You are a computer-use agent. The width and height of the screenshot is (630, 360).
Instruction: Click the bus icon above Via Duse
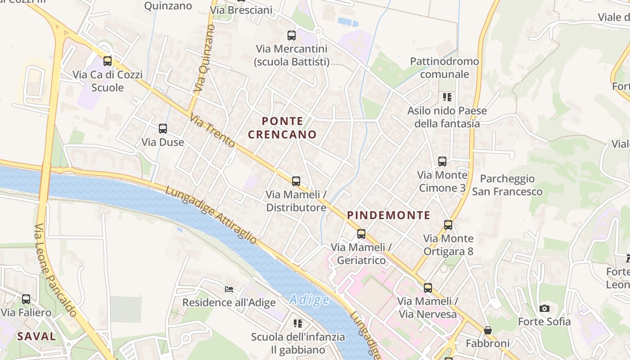[163, 129]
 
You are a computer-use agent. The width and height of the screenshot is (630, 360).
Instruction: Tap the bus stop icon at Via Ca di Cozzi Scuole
[108, 61]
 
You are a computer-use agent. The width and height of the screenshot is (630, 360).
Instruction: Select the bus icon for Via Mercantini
[292, 35]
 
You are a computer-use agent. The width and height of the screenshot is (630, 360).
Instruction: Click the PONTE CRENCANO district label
[282, 128]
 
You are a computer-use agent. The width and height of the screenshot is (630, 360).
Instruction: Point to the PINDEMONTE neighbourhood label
[389, 215]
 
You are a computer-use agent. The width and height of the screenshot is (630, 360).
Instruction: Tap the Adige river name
[310, 300]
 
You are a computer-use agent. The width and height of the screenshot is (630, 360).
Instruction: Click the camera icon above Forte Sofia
[544, 308]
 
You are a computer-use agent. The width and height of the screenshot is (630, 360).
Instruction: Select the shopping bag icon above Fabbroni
[487, 330]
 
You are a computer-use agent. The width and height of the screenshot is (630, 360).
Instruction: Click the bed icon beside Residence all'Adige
[229, 289]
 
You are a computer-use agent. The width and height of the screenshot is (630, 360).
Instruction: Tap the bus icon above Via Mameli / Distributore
[296, 181]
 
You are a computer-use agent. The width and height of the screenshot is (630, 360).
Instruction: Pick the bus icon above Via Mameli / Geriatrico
[361, 234]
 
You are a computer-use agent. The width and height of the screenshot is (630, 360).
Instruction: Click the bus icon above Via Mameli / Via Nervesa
[427, 288]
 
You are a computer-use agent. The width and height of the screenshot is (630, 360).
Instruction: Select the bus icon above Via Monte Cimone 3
[442, 162]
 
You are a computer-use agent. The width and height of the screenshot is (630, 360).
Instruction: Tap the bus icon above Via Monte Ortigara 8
[448, 225]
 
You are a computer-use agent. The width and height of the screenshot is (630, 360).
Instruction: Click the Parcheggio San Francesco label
[507, 185]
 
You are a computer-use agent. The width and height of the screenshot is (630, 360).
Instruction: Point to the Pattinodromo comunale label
[445, 67]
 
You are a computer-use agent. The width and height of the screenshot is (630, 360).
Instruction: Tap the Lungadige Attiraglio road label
[211, 215]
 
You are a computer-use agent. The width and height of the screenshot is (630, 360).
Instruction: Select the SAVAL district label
[36, 336]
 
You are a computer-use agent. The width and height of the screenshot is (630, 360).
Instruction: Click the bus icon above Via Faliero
[26, 299]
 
